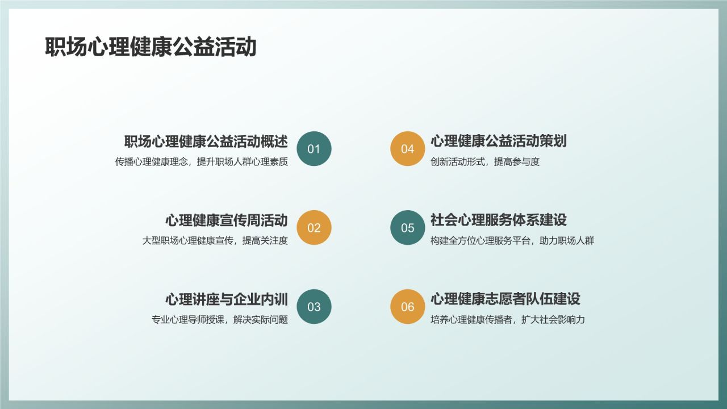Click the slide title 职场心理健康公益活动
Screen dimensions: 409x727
tap(151, 48)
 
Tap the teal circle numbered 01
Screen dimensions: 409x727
tap(314, 149)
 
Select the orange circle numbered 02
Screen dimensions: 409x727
tap(314, 228)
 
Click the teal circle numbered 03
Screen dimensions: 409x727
tap(314, 307)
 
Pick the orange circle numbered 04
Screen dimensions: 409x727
tap(408, 149)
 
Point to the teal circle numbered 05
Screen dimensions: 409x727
tap(408, 228)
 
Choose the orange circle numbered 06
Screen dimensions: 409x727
tap(408, 307)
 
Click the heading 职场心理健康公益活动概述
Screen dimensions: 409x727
tap(206, 141)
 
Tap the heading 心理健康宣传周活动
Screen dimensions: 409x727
tap(227, 220)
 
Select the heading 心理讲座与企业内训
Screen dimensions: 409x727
tap(227, 299)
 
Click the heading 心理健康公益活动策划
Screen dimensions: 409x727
tap(499, 141)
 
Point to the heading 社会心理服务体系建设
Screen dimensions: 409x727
tap(499, 220)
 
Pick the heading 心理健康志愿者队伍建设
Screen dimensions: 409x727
tap(505, 299)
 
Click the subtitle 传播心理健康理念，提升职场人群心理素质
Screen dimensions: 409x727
tap(202, 162)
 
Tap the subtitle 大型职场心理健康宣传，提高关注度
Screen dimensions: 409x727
tap(215, 241)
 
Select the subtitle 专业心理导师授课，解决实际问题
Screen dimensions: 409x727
tap(220, 320)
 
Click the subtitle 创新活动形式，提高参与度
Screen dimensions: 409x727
tap(485, 162)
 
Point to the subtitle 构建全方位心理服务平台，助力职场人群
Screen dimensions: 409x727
tap(512, 241)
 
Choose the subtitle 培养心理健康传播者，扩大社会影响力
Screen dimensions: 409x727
tap(508, 320)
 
